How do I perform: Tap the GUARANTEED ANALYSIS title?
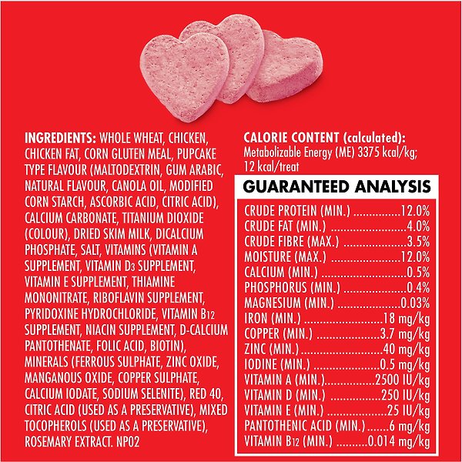(x=336, y=186)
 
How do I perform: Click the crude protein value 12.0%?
(x=414, y=211)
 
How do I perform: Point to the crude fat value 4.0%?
(x=417, y=226)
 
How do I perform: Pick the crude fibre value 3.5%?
(x=417, y=241)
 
